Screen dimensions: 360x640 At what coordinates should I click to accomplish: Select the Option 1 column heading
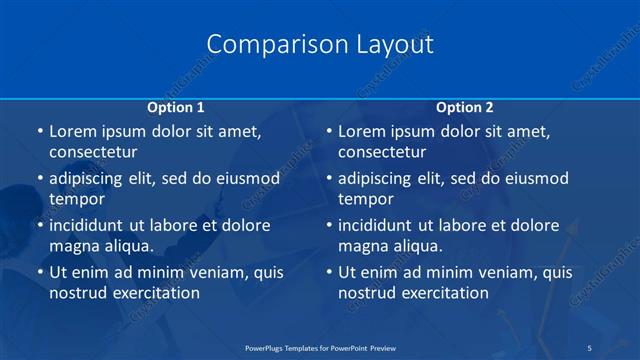pos(176,107)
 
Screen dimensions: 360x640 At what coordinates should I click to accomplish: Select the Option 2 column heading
pos(465,107)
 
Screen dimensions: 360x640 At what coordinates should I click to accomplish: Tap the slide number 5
pos(590,347)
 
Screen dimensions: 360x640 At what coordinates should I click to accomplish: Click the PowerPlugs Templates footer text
pos(319,347)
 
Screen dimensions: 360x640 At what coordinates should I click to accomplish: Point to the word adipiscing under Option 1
pos(91,179)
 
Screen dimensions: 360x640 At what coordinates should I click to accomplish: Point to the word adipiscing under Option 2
pos(380,179)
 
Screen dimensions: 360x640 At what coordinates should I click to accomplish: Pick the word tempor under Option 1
pos(77,199)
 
